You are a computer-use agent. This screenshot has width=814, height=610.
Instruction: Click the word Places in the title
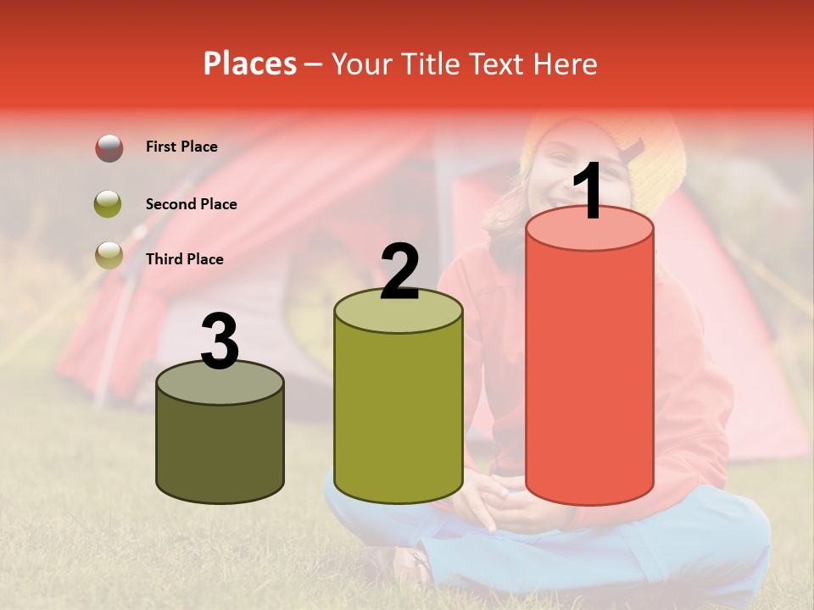point(250,64)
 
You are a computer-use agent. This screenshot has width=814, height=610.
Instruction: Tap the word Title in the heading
point(426,64)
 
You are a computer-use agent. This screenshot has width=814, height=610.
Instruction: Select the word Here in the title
point(565,64)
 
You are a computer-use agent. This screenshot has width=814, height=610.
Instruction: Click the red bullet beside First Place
point(109,147)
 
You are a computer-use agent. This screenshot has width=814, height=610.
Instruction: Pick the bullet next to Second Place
point(109,204)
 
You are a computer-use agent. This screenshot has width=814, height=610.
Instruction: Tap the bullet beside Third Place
point(109,254)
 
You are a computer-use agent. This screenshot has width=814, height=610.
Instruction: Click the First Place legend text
point(181,147)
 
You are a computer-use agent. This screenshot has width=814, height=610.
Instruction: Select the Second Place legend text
point(191,204)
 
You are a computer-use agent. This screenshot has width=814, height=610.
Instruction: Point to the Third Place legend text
point(184,259)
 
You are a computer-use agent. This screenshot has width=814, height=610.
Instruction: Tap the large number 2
point(399,271)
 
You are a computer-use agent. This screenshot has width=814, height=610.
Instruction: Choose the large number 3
point(220,341)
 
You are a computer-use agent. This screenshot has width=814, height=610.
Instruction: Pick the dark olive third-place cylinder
point(220,449)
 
